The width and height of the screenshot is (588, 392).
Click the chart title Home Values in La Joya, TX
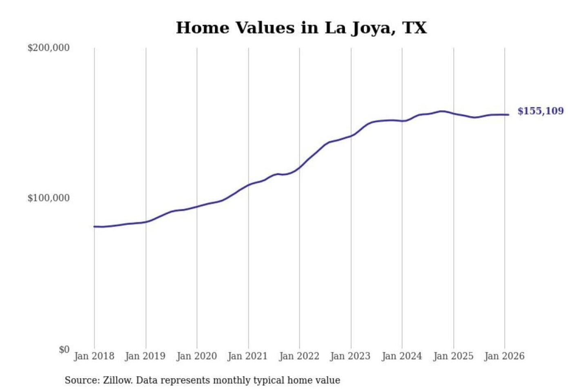click(x=301, y=28)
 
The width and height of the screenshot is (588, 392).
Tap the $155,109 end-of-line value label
click(x=540, y=111)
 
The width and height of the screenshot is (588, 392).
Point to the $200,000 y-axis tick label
click(x=48, y=48)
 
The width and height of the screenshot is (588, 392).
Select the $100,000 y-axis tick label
click(x=48, y=198)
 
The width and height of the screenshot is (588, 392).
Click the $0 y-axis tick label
click(x=64, y=350)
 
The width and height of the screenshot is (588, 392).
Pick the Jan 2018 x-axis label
click(x=94, y=356)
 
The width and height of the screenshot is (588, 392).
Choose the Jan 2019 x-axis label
click(x=145, y=356)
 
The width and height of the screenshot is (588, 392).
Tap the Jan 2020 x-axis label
click(x=196, y=356)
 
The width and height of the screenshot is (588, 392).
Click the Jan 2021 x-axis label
click(x=247, y=356)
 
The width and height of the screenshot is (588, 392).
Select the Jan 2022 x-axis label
click(x=299, y=356)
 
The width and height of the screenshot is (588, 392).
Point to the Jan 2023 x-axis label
click(x=350, y=356)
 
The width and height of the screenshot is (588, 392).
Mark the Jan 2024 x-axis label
click(x=401, y=356)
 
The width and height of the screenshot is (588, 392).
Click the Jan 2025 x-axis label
click(x=453, y=356)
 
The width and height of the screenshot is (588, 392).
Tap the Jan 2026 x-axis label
click(x=504, y=356)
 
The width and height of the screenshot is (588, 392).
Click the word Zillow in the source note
click(x=117, y=381)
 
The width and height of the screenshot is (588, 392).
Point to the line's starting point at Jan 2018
click(x=94, y=227)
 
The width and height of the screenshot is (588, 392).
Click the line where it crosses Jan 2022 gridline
click(x=299, y=168)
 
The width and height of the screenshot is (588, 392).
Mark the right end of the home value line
click(x=508, y=115)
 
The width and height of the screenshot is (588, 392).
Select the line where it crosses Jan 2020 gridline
click(x=197, y=207)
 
